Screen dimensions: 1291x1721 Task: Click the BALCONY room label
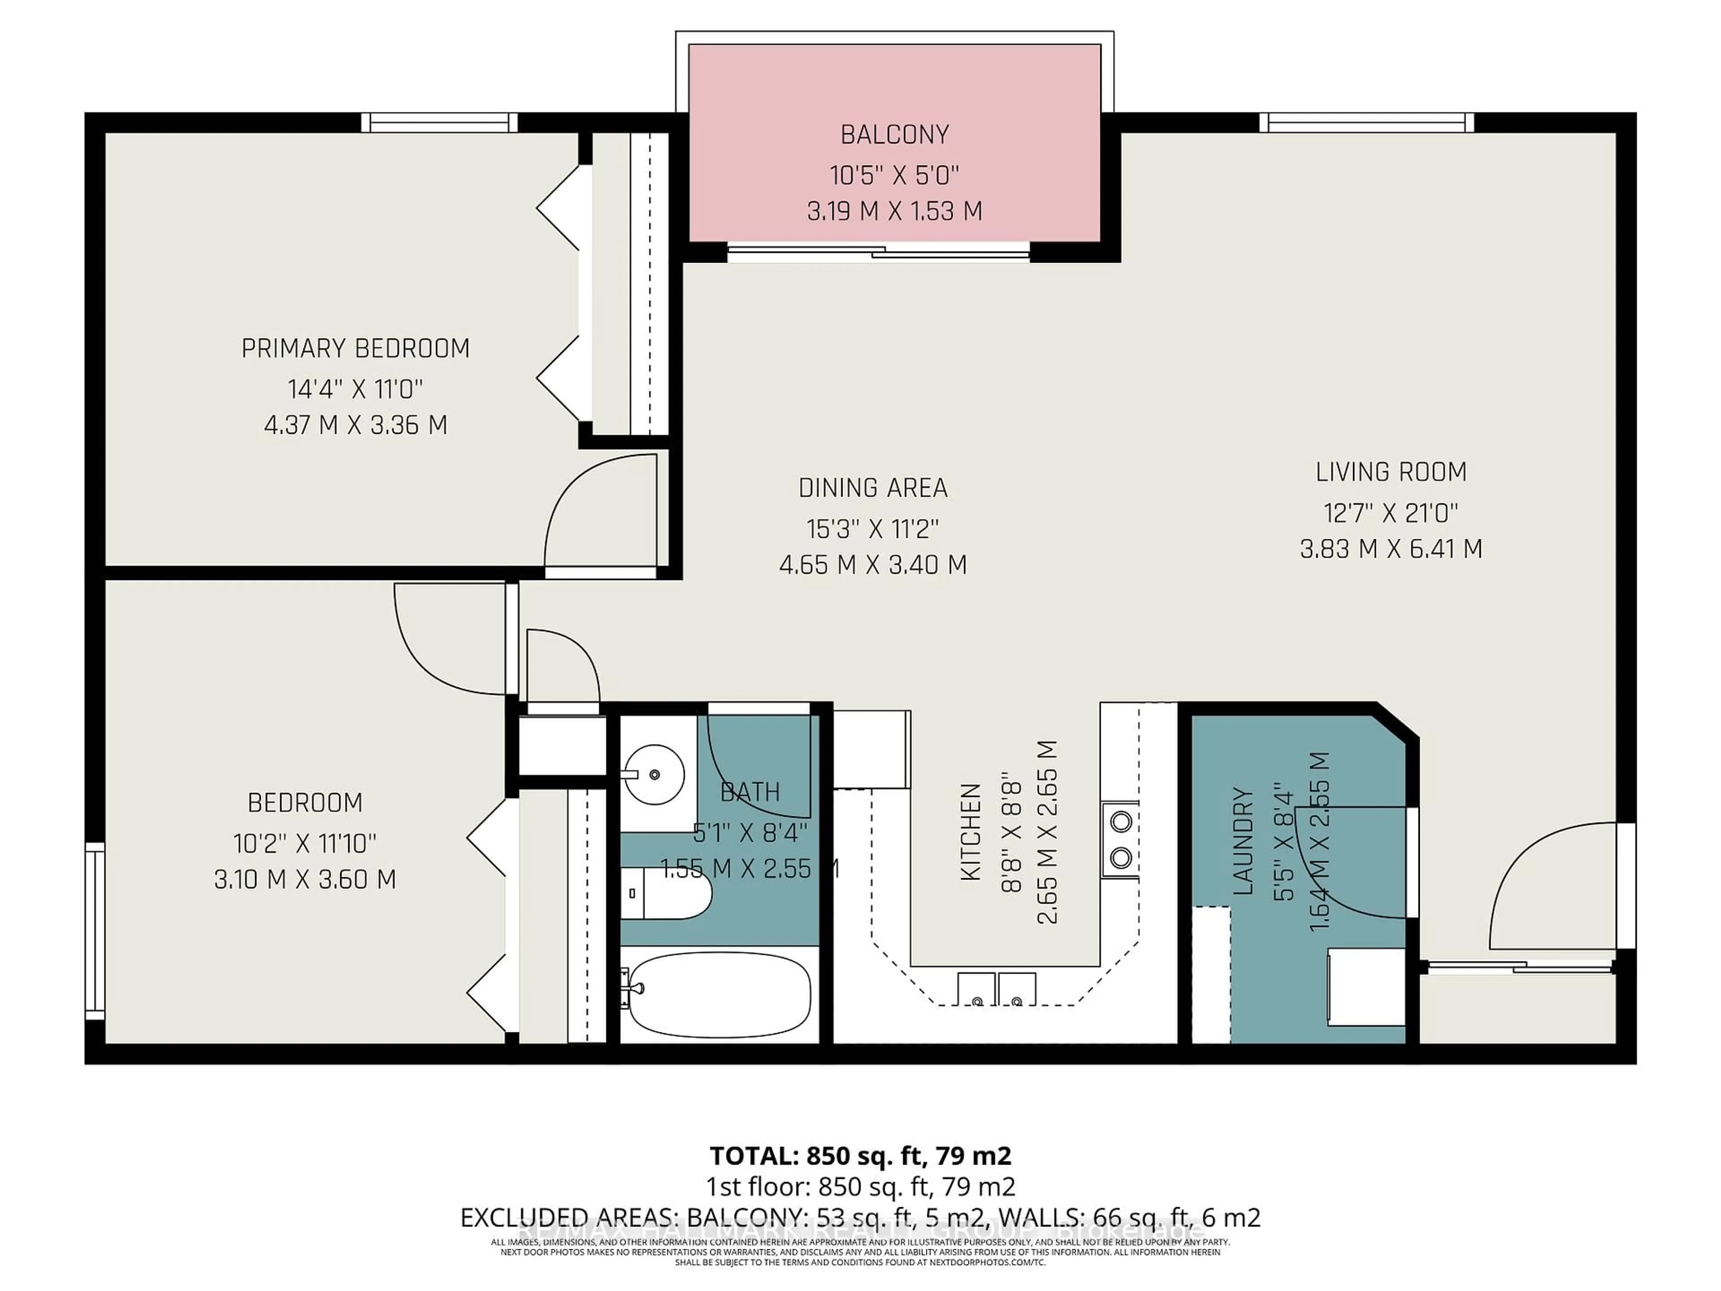click(894, 134)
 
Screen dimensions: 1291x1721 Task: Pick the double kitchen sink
click(996, 989)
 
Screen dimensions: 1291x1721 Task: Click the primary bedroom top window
click(440, 123)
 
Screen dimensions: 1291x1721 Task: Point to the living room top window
click(1366, 123)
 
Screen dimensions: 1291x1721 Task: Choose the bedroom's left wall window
click(95, 931)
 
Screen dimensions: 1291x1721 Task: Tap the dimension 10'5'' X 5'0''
click(894, 175)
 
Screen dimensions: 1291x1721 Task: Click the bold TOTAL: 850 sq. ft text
click(860, 1156)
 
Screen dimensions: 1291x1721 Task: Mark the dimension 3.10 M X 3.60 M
click(305, 879)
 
